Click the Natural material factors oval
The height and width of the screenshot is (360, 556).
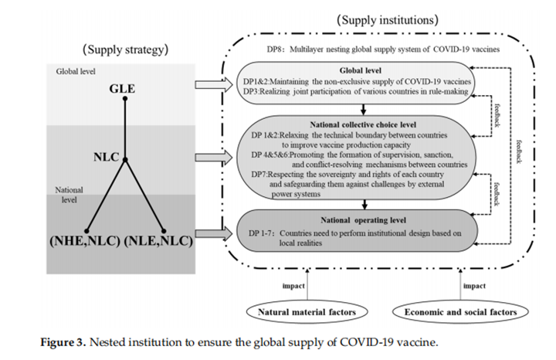[x=308, y=312]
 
